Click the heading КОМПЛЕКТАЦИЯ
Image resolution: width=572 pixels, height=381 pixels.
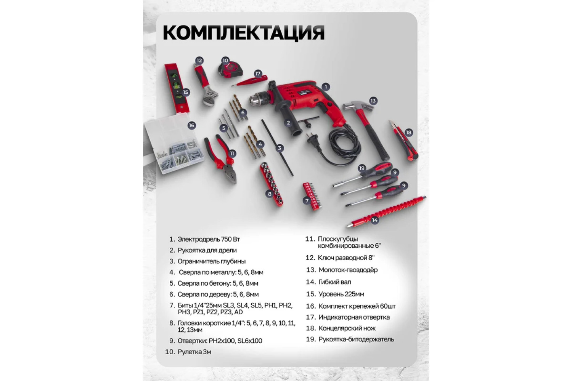244,33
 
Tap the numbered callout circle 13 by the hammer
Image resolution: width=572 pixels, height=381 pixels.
373,101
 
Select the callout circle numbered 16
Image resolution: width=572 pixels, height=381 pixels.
191,125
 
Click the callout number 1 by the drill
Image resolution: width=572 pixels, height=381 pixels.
326,87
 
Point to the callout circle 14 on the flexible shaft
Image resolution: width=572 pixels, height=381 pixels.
374,220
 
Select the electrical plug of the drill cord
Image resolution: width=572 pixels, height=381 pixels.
313,142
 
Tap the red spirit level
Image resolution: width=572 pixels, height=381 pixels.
177,88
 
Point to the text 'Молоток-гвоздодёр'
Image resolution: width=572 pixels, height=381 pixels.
348,270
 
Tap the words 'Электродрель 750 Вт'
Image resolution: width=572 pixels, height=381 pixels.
209,239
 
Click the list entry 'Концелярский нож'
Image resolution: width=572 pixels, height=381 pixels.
347,328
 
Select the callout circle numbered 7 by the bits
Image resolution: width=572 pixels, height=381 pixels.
307,201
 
